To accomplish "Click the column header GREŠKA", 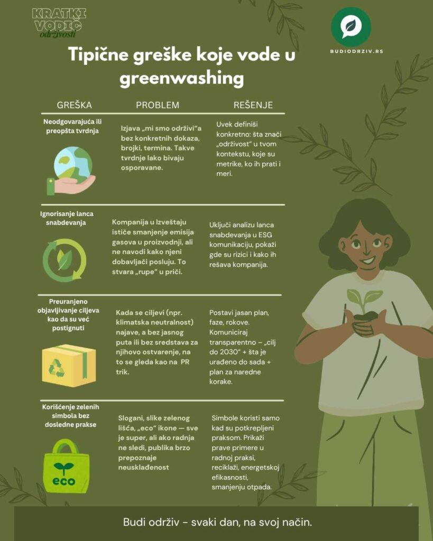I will coord(74,105).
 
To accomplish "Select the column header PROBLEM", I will coord(158,105).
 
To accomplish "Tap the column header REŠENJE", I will coord(253,105).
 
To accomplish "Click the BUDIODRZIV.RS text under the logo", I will coord(351,52).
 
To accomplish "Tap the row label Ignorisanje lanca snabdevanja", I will coord(63,218).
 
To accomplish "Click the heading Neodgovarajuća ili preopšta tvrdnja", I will coord(72,126).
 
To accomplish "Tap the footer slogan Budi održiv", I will coord(217,523).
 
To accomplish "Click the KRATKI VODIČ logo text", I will coord(59,20).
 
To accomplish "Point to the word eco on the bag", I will coord(63,481).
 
